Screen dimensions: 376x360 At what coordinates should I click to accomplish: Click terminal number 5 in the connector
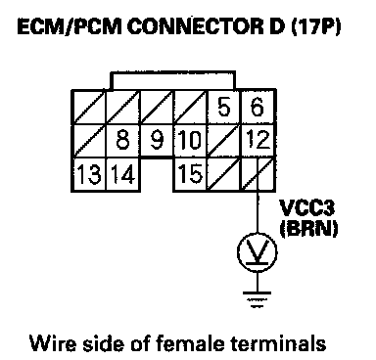(223, 107)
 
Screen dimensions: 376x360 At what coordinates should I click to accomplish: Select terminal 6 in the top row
(258, 107)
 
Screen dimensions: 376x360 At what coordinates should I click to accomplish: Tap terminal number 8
(122, 140)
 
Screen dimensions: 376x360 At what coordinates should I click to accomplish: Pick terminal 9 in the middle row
(157, 140)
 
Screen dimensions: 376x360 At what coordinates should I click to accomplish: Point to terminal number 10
(190, 140)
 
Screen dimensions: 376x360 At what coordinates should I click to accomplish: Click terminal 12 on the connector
(258, 140)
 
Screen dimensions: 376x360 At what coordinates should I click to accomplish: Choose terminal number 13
(89, 174)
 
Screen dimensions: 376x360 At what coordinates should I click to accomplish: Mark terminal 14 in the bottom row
(122, 174)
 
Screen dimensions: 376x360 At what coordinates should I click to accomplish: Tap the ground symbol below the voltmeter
(258, 299)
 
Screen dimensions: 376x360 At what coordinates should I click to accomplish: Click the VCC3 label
(306, 207)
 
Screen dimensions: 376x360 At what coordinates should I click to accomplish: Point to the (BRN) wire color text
(308, 228)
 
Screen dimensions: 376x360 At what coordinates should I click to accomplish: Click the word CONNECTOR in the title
(194, 27)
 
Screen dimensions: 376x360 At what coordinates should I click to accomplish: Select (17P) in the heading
(315, 27)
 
